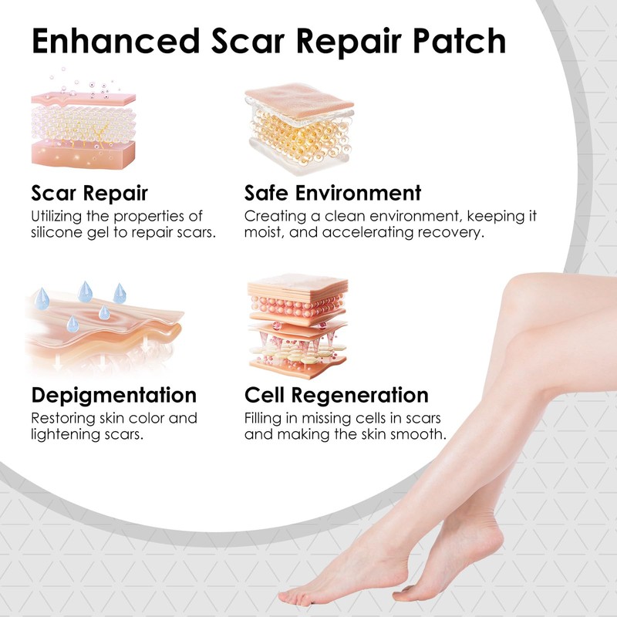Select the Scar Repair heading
89,193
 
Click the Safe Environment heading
333,193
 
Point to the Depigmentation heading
114,396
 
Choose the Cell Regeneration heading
336,396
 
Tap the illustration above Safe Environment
299,123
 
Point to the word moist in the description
263,232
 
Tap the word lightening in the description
65,435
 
